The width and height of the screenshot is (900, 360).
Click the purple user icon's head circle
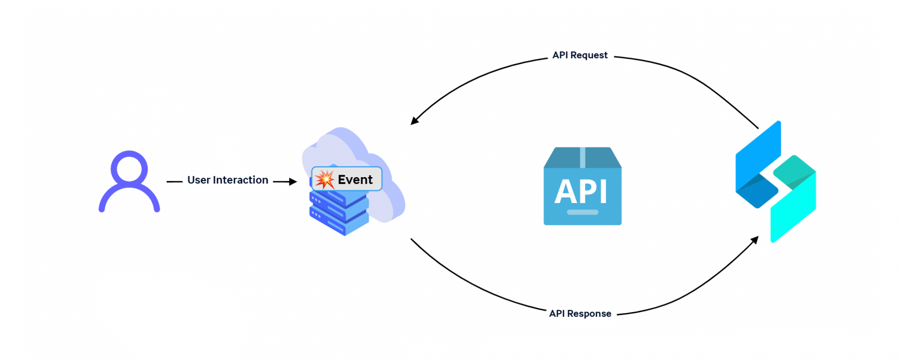pyautogui.click(x=129, y=168)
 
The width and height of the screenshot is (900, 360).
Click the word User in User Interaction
pyautogui.click(x=199, y=180)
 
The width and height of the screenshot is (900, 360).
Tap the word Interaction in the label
pyautogui.click(x=241, y=180)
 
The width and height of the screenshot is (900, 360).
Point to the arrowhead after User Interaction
pyautogui.click(x=293, y=182)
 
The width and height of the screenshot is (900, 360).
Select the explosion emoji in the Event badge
pyautogui.click(x=325, y=179)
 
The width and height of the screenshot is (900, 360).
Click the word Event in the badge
pyautogui.click(x=355, y=179)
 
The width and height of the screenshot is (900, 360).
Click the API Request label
pyautogui.click(x=580, y=55)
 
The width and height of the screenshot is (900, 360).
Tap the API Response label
pyautogui.click(x=580, y=314)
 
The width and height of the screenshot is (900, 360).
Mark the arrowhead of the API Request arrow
pyautogui.click(x=414, y=121)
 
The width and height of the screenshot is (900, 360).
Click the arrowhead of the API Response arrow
pyautogui.click(x=754, y=239)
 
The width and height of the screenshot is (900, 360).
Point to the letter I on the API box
pyautogui.click(x=603, y=192)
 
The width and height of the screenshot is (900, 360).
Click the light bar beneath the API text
pyautogui.click(x=582, y=212)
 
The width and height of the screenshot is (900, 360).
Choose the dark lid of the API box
pyautogui.click(x=582, y=157)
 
